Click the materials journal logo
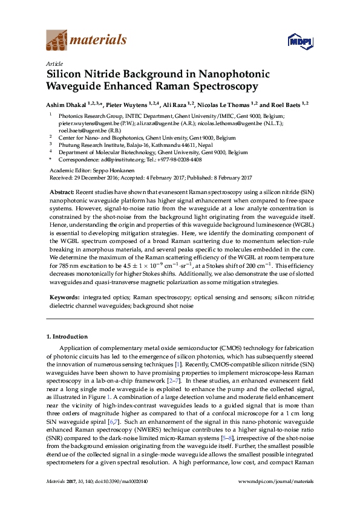(87, 41)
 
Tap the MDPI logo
(298, 41)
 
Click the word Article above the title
(54, 63)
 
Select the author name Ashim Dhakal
(68, 104)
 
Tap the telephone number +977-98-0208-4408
(178, 160)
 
